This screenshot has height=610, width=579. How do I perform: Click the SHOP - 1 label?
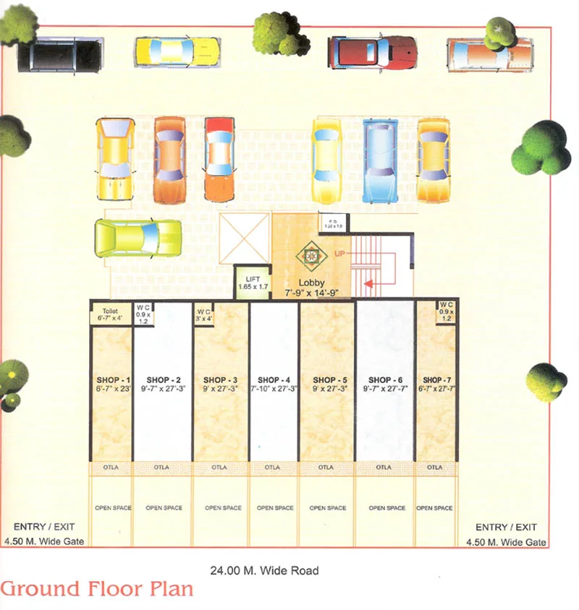pyautogui.click(x=112, y=379)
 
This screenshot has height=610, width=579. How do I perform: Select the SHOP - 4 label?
pyautogui.click(x=274, y=379)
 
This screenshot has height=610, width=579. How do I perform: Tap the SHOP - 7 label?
pyautogui.click(x=435, y=379)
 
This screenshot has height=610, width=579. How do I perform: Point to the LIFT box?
pyautogui.click(x=253, y=282)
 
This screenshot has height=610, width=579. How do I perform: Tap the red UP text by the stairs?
pyautogui.click(x=339, y=253)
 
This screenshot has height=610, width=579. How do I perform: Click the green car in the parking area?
pyautogui.click(x=138, y=238)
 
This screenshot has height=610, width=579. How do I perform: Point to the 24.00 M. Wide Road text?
pyautogui.click(x=264, y=570)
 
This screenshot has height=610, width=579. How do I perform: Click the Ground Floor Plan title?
pyautogui.click(x=97, y=589)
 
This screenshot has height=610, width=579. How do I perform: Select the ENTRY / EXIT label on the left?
pyautogui.click(x=44, y=528)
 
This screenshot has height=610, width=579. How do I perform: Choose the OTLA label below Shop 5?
pyautogui.click(x=327, y=468)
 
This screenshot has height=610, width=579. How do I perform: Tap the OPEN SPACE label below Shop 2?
pyautogui.click(x=164, y=508)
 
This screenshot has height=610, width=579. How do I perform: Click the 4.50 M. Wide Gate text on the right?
pyautogui.click(x=507, y=541)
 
